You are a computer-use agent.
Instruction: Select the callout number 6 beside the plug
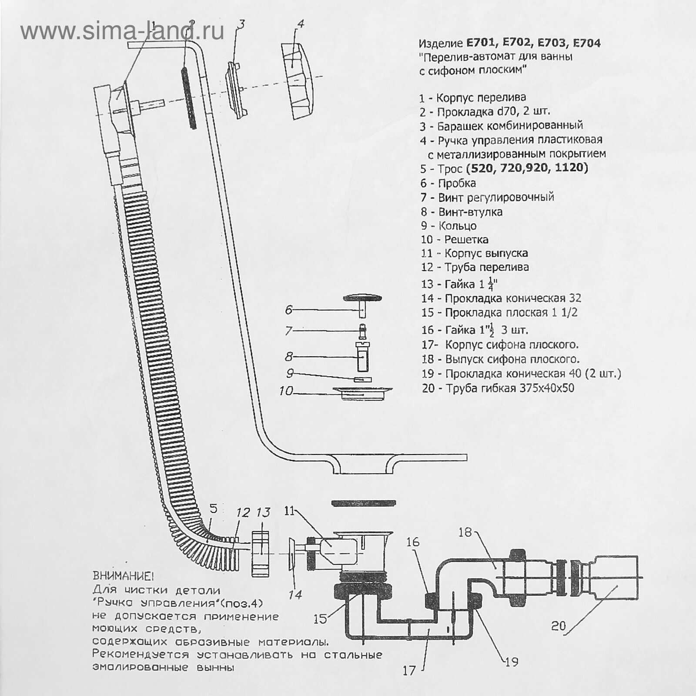click(x=289, y=310)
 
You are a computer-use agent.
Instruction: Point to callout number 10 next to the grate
click(x=286, y=391)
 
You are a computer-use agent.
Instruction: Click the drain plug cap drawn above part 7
click(x=363, y=298)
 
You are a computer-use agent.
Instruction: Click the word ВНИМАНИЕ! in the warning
click(x=123, y=576)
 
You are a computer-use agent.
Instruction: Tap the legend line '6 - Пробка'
click(x=448, y=183)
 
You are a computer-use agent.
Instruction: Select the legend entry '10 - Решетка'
click(x=455, y=239)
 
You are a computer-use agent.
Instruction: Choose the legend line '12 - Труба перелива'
click(x=475, y=267)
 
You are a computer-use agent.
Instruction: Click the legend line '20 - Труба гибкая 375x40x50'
click(x=498, y=388)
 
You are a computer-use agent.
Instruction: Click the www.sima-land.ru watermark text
click(x=122, y=31)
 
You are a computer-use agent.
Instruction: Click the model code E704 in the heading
click(x=586, y=43)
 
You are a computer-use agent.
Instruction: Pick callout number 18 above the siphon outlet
click(x=465, y=532)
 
